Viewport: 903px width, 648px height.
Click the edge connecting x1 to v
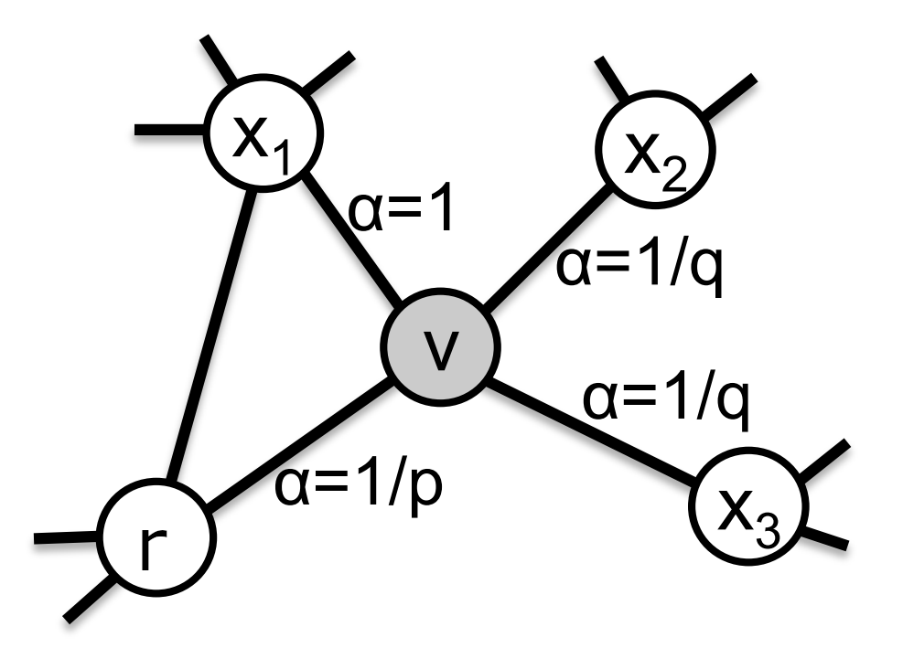point(352,240)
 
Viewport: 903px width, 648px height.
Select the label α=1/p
point(359,483)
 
